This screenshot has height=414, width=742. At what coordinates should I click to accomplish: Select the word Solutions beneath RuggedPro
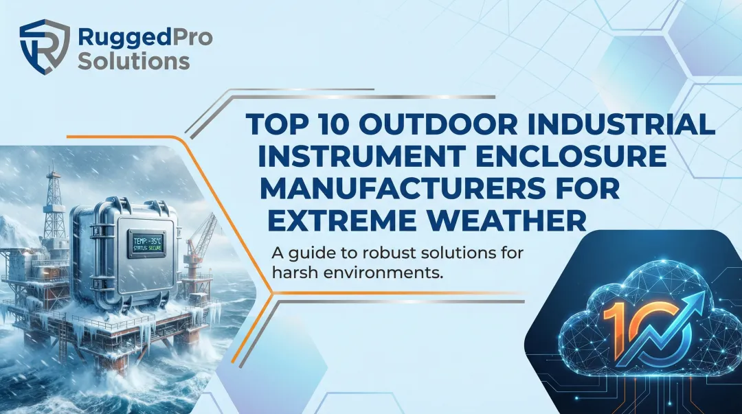pyautogui.click(x=134, y=60)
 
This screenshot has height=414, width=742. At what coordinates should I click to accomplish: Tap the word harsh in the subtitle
pyautogui.click(x=294, y=272)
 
